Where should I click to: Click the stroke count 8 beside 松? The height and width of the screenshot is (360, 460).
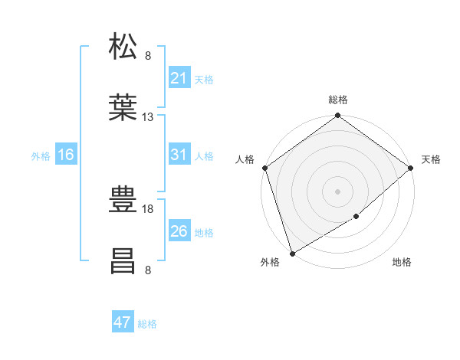[148, 55]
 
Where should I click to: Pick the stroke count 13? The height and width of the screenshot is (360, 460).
[148, 117]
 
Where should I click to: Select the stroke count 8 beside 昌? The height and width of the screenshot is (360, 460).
[148, 270]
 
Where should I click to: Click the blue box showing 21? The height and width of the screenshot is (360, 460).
[179, 78]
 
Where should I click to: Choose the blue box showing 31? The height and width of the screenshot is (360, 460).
[179, 155]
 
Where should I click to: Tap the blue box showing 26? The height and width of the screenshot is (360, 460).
[179, 231]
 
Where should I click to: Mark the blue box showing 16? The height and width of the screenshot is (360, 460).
[66, 155]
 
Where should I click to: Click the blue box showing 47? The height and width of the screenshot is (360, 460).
[123, 322]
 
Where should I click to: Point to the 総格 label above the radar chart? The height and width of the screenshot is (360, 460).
[338, 100]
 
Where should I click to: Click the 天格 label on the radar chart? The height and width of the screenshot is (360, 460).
[431, 159]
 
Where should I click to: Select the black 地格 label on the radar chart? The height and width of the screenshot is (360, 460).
[402, 262]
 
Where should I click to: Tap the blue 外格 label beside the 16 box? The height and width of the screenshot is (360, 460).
[41, 155]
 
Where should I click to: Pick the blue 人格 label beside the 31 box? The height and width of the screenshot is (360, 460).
[204, 155]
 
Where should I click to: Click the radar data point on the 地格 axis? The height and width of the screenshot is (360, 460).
[356, 217]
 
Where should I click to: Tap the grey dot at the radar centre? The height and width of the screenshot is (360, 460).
[337, 191]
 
